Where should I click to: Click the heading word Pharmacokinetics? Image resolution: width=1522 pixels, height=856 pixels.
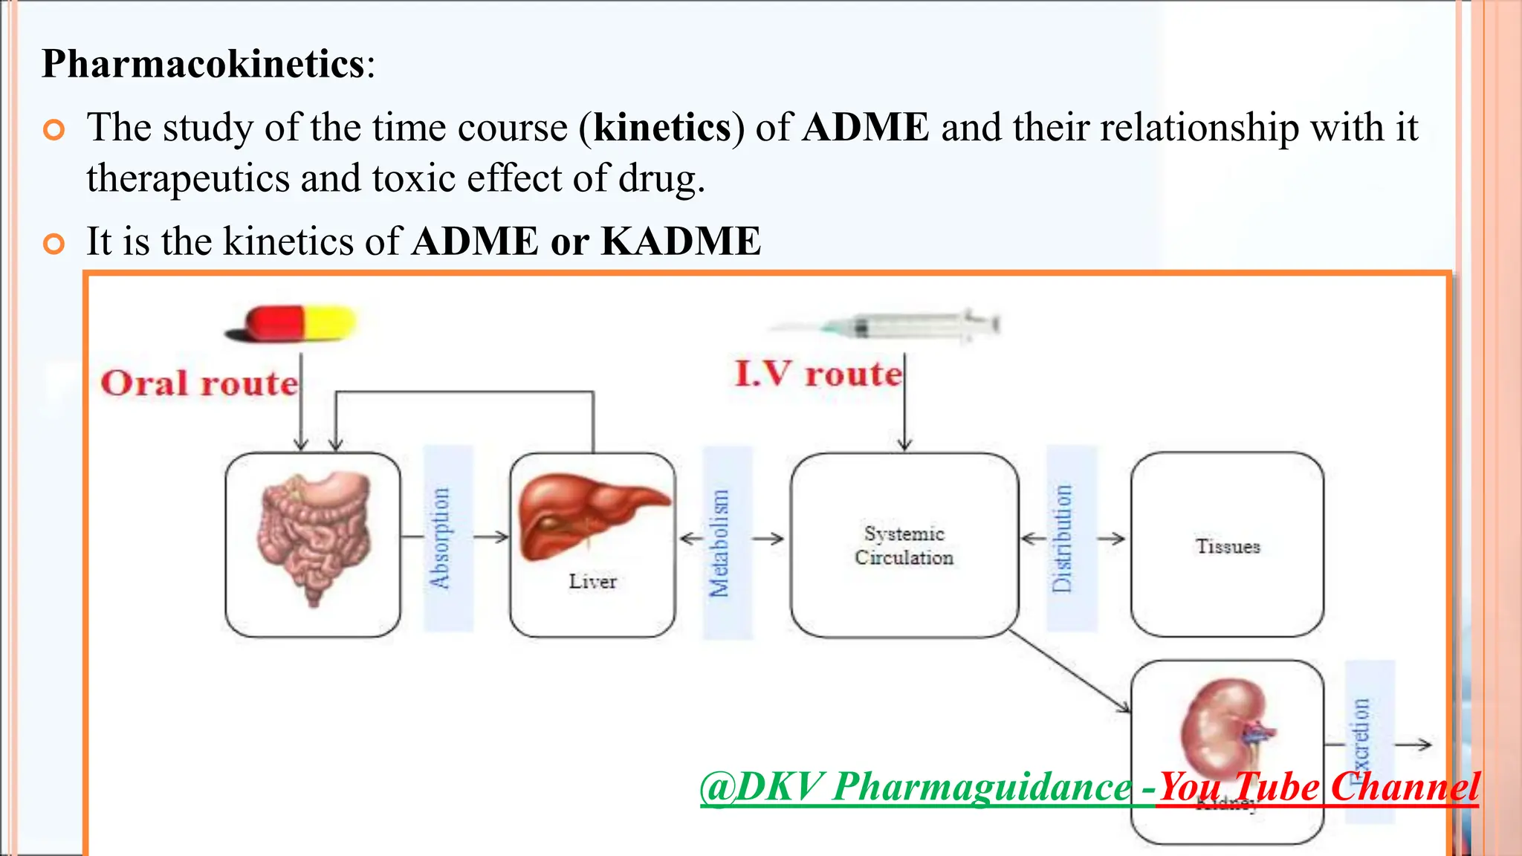(203, 64)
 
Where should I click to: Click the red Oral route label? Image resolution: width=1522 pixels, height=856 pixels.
(199, 383)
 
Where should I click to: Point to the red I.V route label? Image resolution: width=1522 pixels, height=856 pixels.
(817, 373)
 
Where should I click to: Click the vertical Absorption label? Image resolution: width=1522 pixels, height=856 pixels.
(440, 538)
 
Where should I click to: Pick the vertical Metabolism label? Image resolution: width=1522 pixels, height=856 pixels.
(719, 543)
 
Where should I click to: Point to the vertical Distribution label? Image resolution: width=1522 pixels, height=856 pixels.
(1063, 538)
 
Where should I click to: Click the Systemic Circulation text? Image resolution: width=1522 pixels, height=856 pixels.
(904, 545)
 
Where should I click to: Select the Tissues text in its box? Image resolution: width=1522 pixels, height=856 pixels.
(1228, 547)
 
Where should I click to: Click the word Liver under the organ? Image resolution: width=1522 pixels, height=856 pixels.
(592, 581)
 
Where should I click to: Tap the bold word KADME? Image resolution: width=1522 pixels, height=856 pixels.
(681, 241)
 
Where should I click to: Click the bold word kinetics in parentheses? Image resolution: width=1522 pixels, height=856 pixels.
(662, 128)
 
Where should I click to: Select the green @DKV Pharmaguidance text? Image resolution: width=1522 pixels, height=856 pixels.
(914, 788)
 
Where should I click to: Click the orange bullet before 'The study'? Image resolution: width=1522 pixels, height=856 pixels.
(54, 130)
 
